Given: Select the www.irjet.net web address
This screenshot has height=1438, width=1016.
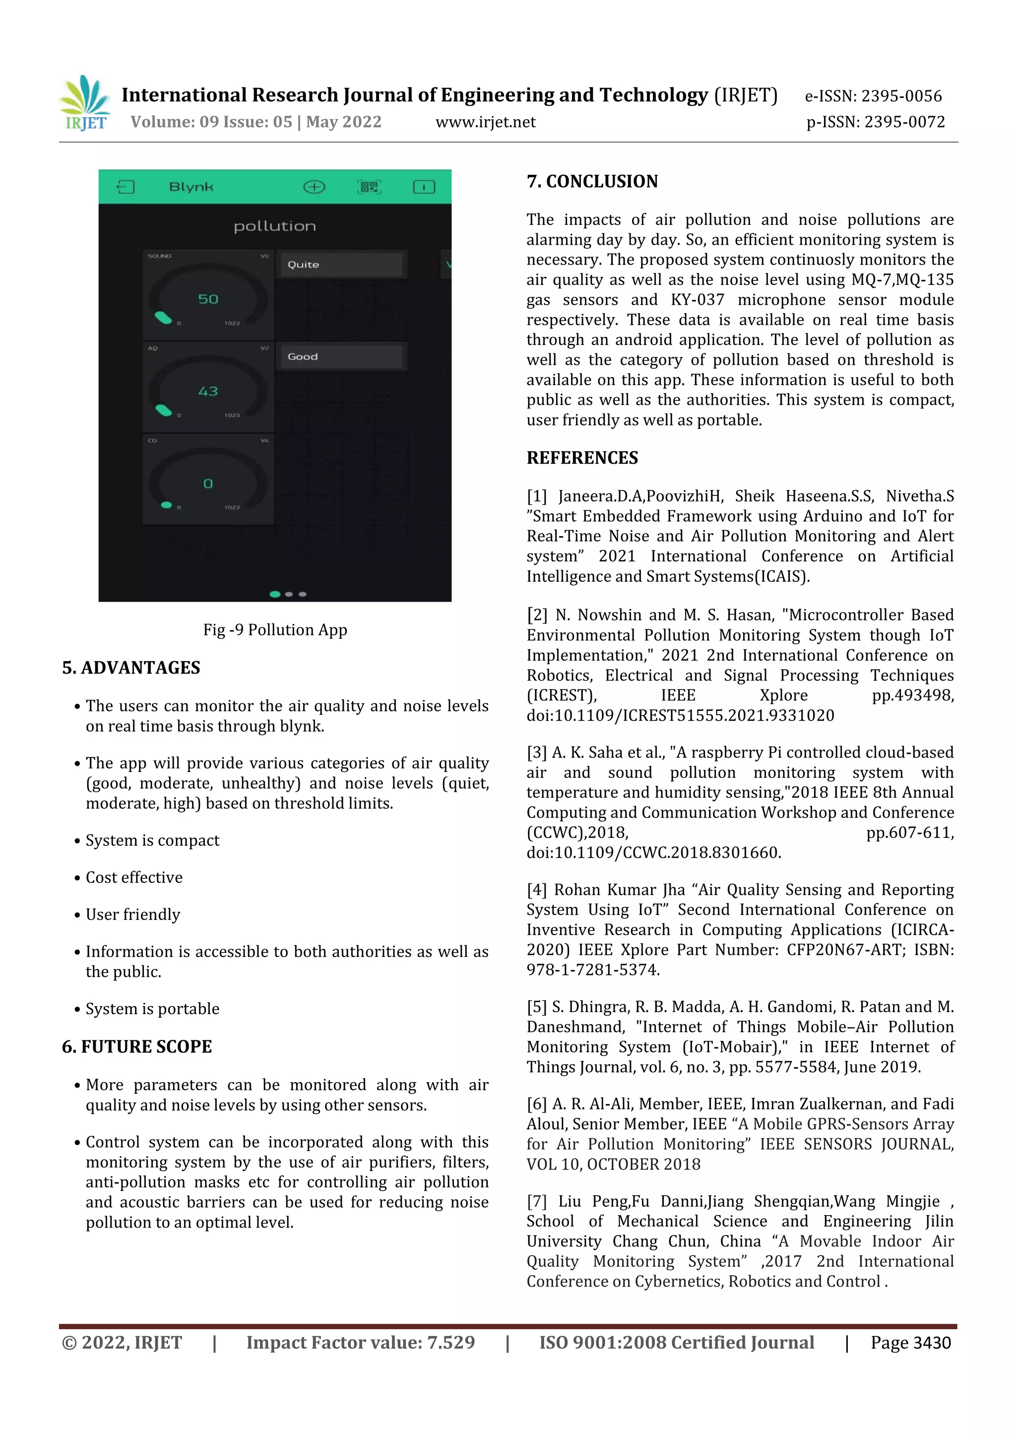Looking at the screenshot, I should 485,122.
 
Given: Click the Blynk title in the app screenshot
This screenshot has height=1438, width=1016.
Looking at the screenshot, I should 191,187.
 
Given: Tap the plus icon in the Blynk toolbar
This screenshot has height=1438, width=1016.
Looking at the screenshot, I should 314,187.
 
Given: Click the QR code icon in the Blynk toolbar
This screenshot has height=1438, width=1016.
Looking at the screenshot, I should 369,187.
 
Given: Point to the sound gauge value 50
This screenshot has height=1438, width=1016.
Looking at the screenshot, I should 208,299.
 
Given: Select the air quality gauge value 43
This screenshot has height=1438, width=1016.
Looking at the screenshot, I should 208,392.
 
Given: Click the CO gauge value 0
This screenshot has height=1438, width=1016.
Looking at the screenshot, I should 208,483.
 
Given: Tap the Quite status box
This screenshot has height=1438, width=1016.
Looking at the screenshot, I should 341,264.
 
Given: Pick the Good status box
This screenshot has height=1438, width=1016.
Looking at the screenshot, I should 341,356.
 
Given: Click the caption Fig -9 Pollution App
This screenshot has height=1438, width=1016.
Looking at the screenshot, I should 275,629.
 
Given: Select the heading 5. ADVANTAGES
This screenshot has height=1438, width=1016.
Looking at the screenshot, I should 131,668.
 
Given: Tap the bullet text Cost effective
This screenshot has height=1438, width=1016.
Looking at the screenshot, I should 134,878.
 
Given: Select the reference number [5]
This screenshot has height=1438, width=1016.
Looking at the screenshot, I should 536,1007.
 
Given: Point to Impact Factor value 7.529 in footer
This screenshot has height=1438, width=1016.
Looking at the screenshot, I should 360,1343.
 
